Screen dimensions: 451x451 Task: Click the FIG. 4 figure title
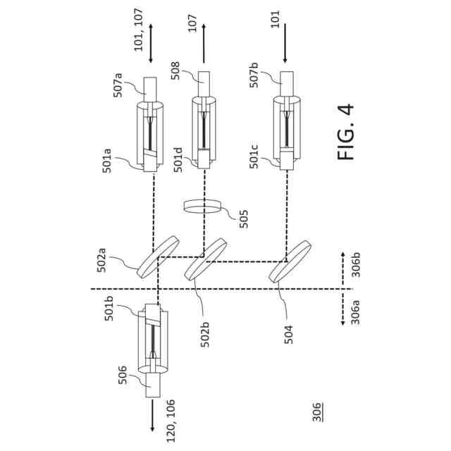coord(346,132)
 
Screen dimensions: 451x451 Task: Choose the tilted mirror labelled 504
coord(290,262)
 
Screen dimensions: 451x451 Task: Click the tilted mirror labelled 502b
coord(205,260)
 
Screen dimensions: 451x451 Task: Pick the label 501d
coord(179,157)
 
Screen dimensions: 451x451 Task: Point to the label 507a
coord(118,89)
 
